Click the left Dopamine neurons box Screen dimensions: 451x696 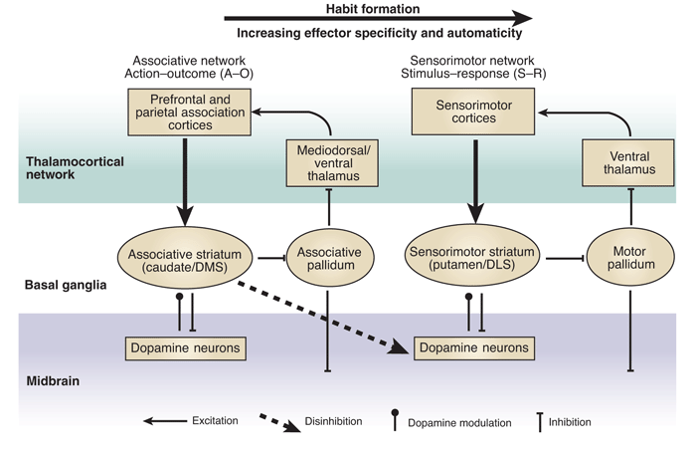(185, 347)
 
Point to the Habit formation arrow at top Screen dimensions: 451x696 (378, 18)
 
